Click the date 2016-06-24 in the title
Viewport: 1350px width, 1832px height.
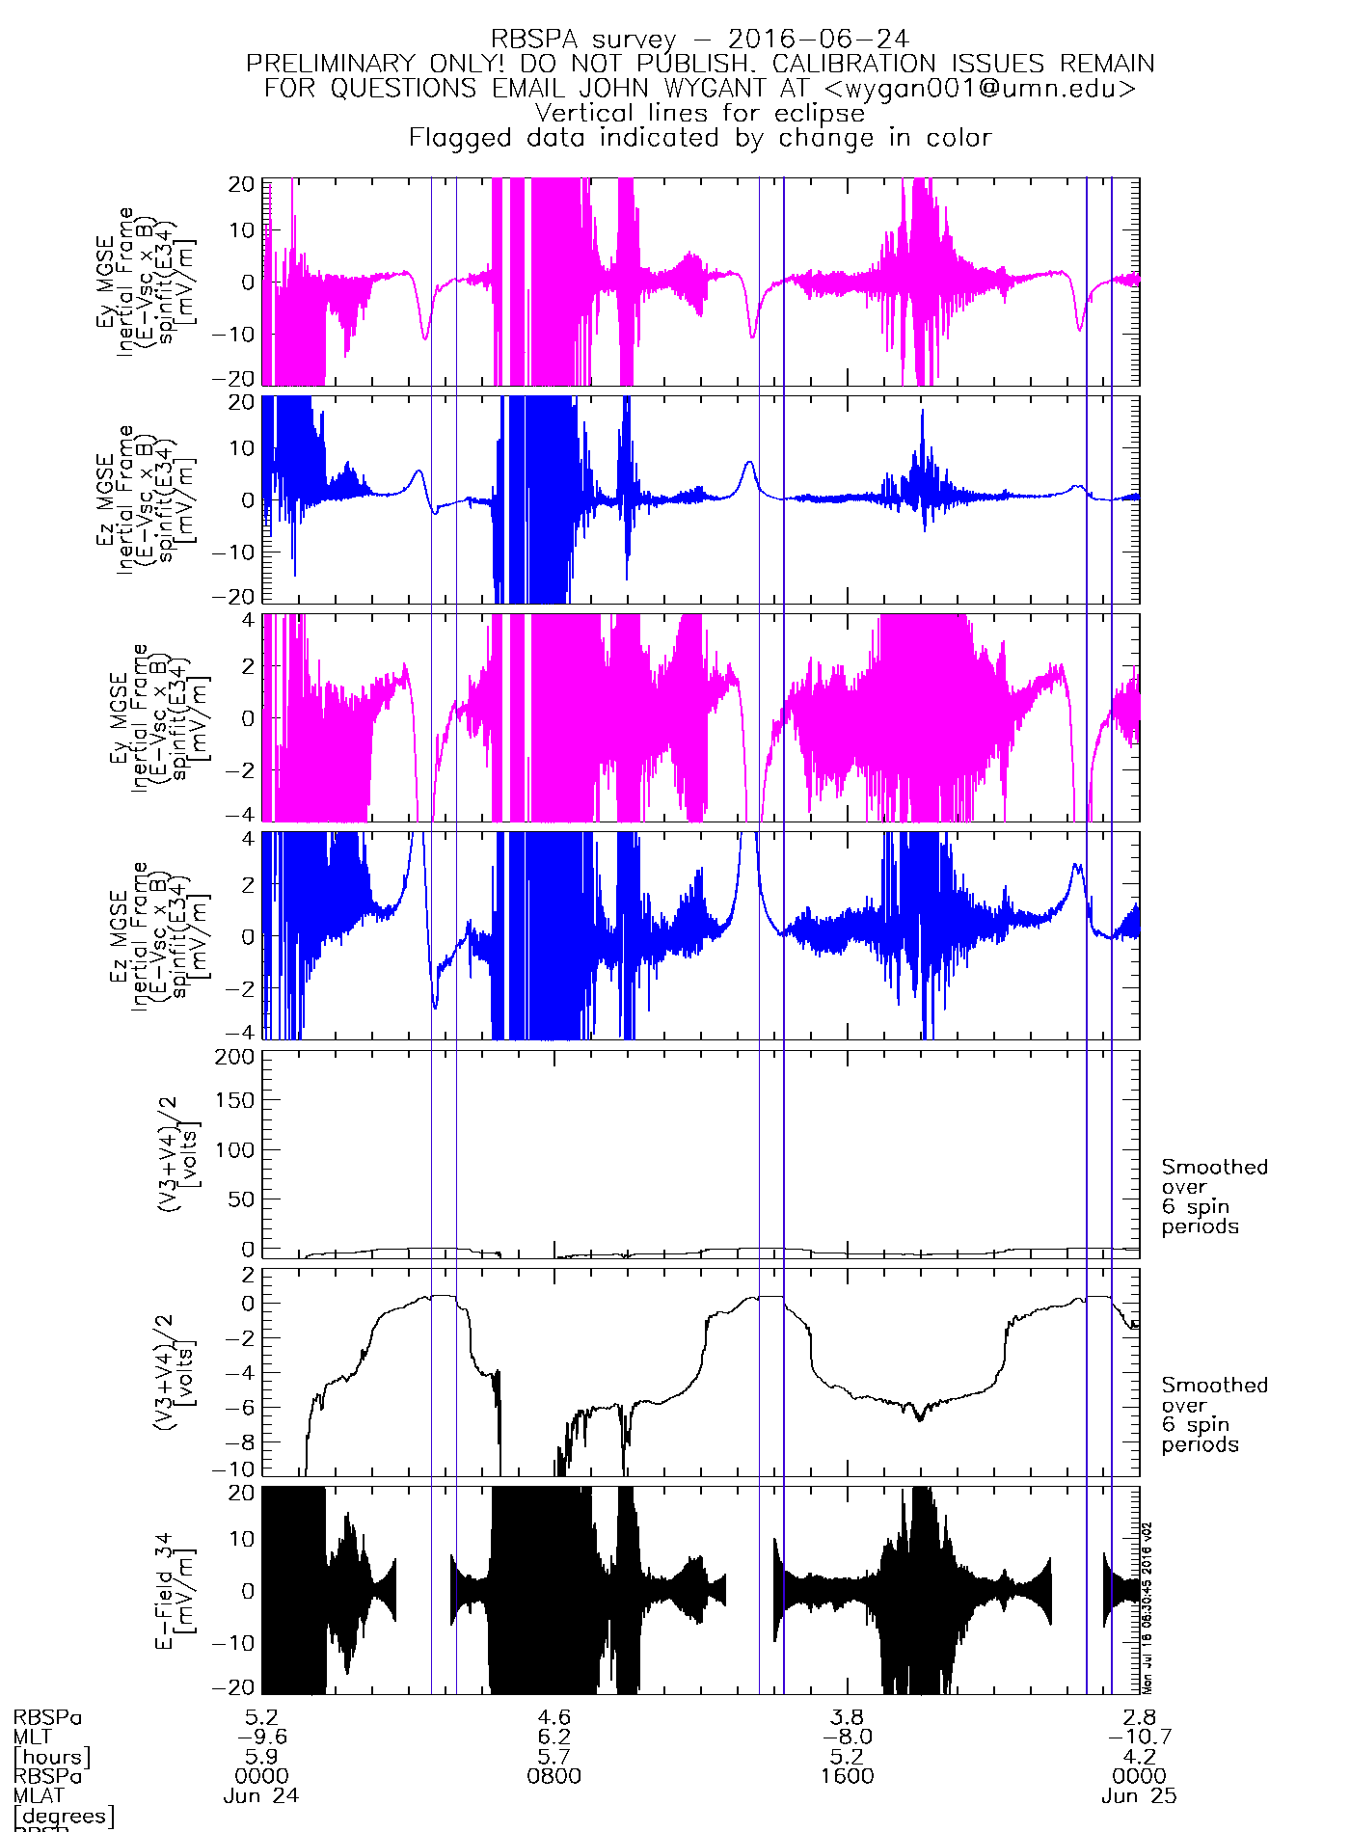(818, 40)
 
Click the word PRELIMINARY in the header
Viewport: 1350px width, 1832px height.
(330, 64)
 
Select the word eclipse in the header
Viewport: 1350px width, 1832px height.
(819, 113)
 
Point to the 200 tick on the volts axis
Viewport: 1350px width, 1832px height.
(235, 1056)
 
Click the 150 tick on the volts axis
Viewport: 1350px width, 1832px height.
(235, 1100)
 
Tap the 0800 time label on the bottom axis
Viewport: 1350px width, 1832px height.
(553, 1776)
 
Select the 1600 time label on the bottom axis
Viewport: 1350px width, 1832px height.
(847, 1776)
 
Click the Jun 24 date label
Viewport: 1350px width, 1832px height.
(260, 1796)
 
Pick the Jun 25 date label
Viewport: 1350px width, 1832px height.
(1139, 1796)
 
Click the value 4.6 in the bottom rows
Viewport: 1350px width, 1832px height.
(553, 1717)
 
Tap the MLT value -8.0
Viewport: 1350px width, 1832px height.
(847, 1737)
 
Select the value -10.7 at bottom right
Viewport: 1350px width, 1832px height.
(1139, 1737)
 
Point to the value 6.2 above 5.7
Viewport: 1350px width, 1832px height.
(553, 1737)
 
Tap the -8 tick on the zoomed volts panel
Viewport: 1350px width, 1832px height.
(242, 1441)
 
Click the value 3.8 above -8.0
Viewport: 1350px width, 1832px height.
(847, 1717)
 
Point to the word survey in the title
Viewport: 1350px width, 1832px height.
(633, 40)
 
